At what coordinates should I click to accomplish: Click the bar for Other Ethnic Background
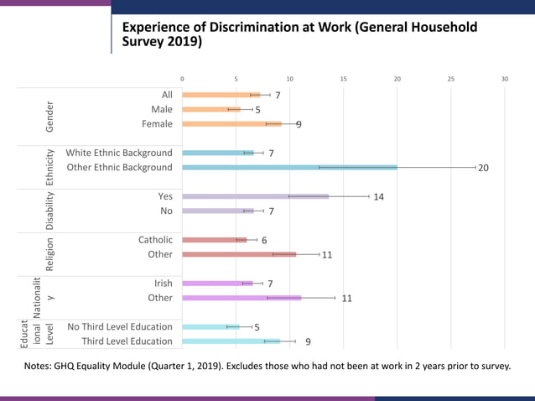(x=289, y=168)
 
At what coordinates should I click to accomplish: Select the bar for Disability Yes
(x=255, y=196)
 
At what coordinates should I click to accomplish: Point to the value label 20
(x=483, y=168)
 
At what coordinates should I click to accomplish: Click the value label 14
(x=378, y=197)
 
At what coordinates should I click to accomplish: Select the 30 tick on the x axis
(x=505, y=79)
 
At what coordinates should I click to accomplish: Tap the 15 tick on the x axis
(x=343, y=79)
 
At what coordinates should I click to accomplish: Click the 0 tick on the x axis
(x=182, y=79)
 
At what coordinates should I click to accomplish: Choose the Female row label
(x=156, y=124)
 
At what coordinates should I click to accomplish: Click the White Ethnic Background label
(x=119, y=154)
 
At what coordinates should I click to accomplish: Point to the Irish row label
(x=163, y=284)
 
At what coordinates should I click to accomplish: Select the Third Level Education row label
(x=127, y=341)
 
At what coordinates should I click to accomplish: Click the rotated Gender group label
(x=50, y=117)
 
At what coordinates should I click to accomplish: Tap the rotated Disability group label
(x=50, y=211)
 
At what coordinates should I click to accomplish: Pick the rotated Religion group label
(x=50, y=254)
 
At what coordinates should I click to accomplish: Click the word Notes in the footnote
(x=39, y=367)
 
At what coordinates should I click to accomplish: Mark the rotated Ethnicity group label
(x=50, y=168)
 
